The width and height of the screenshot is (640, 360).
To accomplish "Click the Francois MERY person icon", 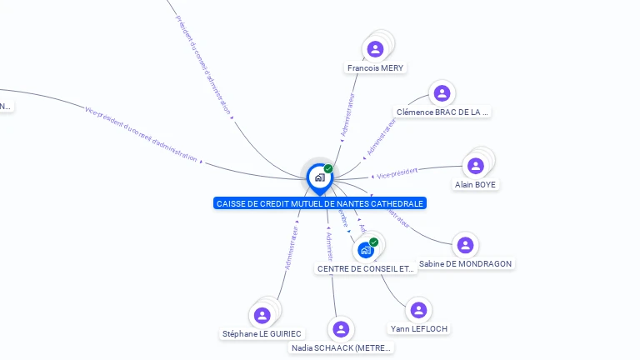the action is (376, 49).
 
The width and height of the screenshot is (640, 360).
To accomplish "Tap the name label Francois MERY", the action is (376, 68).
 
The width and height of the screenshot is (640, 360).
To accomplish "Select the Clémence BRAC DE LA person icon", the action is (442, 93).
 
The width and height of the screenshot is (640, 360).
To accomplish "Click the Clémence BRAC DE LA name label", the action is (442, 112).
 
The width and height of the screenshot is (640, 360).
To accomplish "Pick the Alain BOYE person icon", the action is (476, 166).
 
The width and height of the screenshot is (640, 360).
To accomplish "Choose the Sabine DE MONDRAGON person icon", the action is (465, 245).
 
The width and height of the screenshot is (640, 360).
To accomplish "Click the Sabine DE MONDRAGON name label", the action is (465, 264).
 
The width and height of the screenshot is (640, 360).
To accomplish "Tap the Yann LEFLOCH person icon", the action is (418, 310).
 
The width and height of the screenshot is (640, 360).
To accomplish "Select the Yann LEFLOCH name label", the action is (419, 329).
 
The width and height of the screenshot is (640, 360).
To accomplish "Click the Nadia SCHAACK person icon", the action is (340, 329).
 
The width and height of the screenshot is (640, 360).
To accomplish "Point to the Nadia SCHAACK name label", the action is (341, 348).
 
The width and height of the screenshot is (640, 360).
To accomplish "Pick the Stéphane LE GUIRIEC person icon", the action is (262, 315).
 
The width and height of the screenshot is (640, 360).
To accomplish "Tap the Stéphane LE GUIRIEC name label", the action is (262, 334).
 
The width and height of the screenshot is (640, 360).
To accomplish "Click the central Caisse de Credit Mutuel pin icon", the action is (319, 177).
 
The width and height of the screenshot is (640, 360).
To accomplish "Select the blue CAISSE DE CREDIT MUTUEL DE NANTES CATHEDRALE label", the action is (320, 203).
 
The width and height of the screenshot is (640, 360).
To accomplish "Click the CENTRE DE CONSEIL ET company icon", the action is (366, 249).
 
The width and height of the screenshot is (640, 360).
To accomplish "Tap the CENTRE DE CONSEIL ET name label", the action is (366, 269).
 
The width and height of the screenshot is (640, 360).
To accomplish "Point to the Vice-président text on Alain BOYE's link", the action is (397, 173).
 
